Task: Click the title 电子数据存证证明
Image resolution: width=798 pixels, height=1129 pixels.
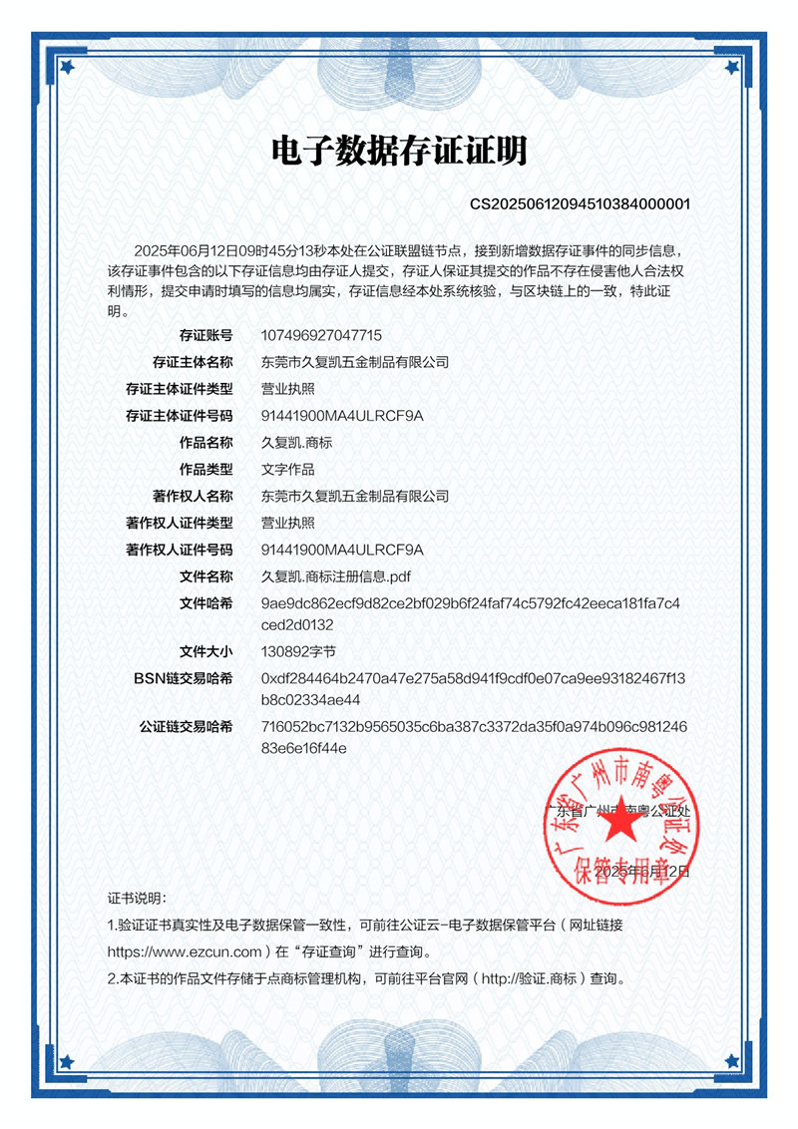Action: (x=399, y=152)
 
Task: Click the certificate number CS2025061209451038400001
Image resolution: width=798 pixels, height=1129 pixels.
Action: (x=580, y=204)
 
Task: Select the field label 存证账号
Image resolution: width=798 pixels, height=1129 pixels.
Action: (x=205, y=335)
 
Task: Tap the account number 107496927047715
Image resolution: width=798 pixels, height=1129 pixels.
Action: (x=321, y=335)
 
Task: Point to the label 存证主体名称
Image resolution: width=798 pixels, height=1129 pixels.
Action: (x=193, y=362)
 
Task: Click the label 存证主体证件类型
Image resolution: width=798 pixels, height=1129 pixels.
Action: (x=180, y=389)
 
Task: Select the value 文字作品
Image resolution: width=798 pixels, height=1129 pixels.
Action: (x=287, y=469)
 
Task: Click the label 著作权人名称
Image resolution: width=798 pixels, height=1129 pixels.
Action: (x=193, y=496)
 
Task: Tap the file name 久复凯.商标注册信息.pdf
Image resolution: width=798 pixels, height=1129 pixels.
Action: (x=336, y=576)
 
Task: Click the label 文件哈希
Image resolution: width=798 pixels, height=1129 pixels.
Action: (x=205, y=603)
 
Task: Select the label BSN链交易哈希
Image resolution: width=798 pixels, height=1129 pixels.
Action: (x=184, y=678)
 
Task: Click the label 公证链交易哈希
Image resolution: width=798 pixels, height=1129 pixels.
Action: (x=187, y=727)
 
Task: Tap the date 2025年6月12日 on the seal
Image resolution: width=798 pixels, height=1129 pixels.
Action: (x=642, y=872)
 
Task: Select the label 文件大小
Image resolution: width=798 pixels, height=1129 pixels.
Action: (x=205, y=651)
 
